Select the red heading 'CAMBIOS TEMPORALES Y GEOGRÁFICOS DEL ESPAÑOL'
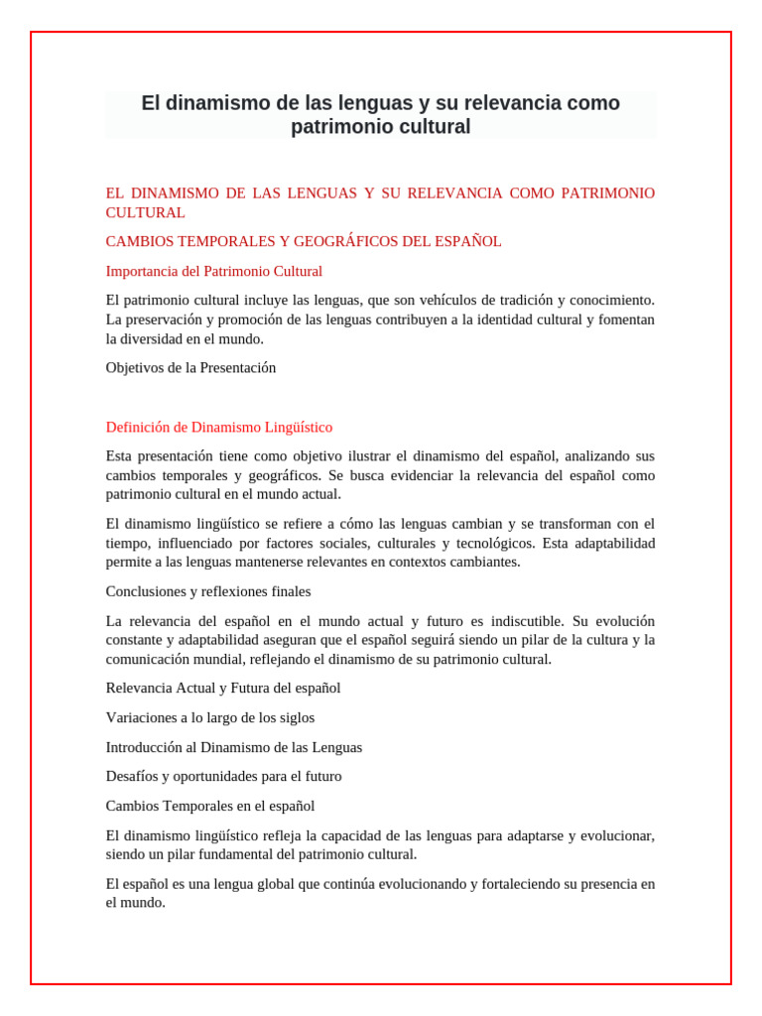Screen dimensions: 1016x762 point(304,241)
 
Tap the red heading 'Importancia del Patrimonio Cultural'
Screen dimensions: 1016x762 point(213,271)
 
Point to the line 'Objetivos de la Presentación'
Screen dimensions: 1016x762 point(190,367)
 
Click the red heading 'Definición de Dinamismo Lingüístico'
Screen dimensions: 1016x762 point(219,427)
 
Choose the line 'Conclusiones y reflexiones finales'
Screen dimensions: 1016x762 point(208,591)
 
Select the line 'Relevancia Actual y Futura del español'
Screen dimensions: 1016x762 point(223,688)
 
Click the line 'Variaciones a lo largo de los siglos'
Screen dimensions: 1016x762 point(210,717)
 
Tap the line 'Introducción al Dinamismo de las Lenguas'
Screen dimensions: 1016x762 point(234,747)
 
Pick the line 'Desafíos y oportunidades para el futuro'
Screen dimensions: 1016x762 point(223,776)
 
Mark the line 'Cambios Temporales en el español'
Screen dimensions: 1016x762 point(210,806)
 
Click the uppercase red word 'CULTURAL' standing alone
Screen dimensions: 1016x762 point(146,212)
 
